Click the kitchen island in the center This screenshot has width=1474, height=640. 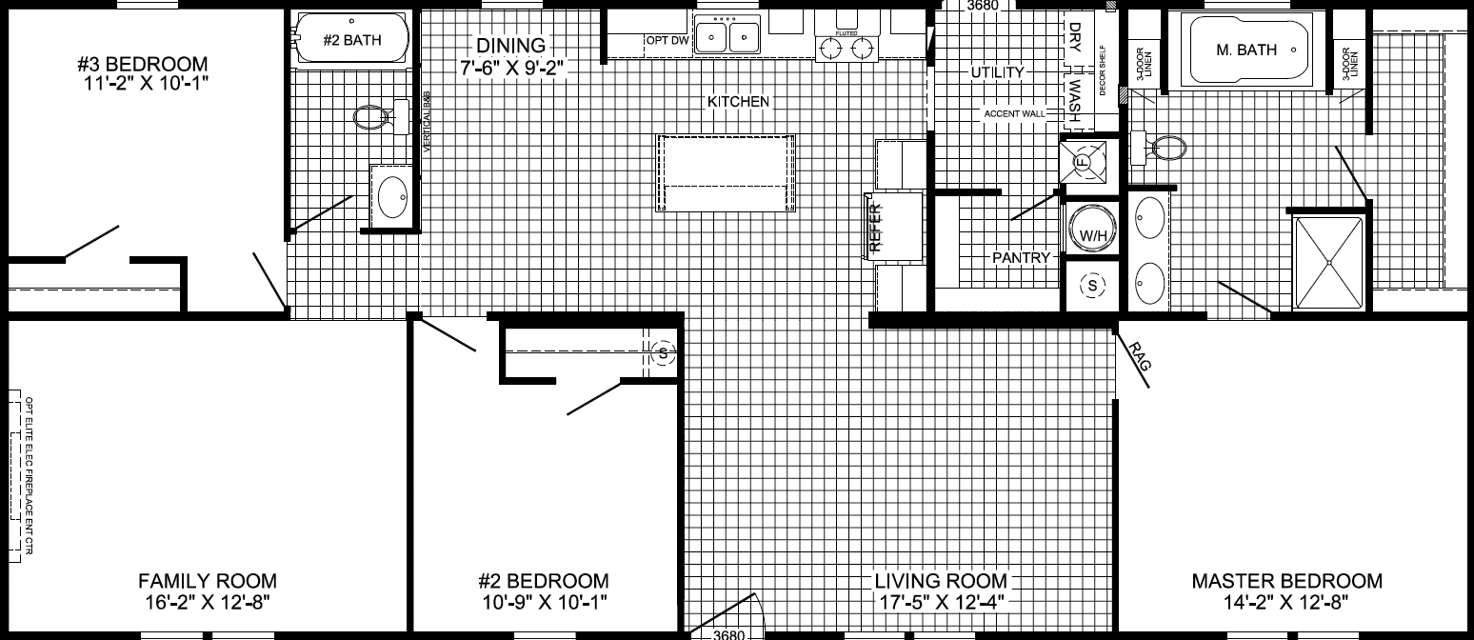pyautogui.click(x=726, y=172)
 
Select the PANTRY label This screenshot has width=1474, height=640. pyautogui.click(x=1021, y=257)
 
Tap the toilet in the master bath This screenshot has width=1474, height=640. pyautogui.click(x=1165, y=148)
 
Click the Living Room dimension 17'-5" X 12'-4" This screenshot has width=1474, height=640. pyautogui.click(x=941, y=602)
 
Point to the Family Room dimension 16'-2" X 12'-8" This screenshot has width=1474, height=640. pyautogui.click(x=208, y=602)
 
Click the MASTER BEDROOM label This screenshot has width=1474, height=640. pyautogui.click(x=1286, y=581)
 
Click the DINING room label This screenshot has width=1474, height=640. pyautogui.click(x=511, y=45)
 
